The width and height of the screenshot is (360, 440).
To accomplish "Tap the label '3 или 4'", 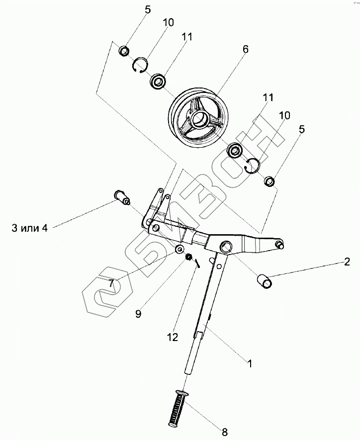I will pos(29,228).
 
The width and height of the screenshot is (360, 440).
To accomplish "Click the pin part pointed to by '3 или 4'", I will pos(121,196).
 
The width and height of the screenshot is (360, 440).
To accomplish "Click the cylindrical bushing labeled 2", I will pos(265,281).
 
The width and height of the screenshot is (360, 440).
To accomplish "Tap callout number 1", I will pos(250,363).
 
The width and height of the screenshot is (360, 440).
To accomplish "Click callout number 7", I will pos(112,284).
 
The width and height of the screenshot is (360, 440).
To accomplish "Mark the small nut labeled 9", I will pos(189,257).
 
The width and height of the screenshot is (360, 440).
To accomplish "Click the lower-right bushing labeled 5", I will pos(269,181).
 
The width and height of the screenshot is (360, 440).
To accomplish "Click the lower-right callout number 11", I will pos(268,98).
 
